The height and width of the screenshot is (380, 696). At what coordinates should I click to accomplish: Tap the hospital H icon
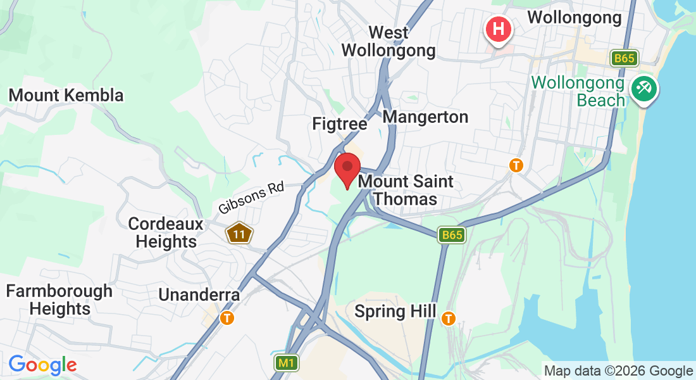point(499,29)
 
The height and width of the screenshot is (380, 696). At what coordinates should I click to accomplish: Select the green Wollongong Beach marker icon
point(644,88)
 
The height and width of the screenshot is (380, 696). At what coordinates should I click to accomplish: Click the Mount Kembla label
point(66,96)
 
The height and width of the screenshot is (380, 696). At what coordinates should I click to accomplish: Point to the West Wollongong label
point(388,41)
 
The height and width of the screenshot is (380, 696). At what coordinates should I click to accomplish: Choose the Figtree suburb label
point(340,123)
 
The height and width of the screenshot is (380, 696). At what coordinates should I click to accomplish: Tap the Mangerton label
point(425,117)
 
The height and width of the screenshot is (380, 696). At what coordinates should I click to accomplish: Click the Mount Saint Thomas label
point(406,190)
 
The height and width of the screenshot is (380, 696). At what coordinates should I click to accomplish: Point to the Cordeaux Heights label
point(166,232)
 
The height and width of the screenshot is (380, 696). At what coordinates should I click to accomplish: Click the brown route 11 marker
point(239,234)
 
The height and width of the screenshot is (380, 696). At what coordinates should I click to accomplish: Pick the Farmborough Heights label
point(59,300)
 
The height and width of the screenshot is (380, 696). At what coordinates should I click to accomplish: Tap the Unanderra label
point(199,294)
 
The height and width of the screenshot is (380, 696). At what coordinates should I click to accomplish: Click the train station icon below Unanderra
point(227,318)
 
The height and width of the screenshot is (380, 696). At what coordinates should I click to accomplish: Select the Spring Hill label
point(395,312)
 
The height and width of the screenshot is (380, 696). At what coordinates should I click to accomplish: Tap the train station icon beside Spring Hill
point(449,318)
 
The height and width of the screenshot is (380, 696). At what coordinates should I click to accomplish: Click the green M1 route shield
point(286,363)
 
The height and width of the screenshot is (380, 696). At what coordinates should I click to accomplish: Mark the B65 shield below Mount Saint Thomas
point(452,235)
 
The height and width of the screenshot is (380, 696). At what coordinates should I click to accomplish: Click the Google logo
point(42,365)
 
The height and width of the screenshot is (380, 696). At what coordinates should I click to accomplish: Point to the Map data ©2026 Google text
point(618,371)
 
